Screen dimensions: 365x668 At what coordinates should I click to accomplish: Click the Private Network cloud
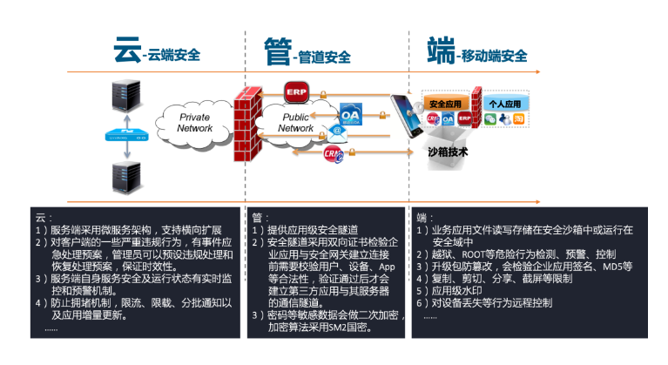[x=194, y=123]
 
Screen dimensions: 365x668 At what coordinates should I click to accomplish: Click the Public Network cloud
[x=295, y=123]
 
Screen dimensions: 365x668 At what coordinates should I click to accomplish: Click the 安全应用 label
[x=448, y=102]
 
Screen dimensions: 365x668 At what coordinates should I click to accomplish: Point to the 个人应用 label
[x=504, y=102]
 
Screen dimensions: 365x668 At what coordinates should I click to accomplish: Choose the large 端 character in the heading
[x=441, y=51]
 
